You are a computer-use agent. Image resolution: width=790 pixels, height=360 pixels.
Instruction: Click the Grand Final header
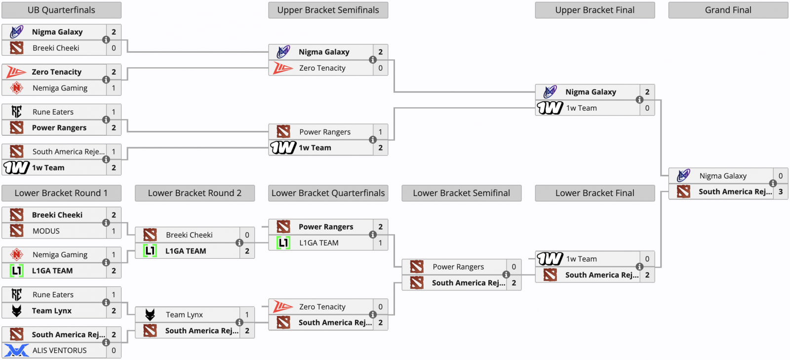[728, 10]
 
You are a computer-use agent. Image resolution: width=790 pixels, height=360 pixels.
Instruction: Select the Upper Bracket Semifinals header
[328, 10]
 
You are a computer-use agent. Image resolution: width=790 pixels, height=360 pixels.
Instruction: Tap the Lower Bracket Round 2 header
[195, 193]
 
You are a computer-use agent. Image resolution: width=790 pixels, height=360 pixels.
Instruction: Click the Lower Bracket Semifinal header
[461, 193]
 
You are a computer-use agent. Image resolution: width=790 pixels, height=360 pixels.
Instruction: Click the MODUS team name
[46, 231]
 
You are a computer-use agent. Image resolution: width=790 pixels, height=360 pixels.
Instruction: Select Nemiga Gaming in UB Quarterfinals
[60, 88]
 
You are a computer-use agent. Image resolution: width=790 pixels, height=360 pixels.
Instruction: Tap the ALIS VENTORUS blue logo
[16, 350]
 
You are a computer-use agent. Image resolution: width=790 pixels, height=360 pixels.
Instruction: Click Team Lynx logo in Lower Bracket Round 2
[150, 315]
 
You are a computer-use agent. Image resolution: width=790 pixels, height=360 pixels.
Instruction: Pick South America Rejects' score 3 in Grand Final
[781, 192]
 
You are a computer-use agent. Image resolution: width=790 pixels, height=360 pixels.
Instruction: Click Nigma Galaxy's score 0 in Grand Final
[781, 176]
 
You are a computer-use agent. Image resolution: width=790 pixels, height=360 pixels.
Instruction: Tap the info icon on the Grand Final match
[773, 183]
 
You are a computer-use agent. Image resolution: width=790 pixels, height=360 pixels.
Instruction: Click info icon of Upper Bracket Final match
[639, 100]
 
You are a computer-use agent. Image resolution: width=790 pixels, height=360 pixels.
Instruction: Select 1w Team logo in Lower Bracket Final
[550, 259]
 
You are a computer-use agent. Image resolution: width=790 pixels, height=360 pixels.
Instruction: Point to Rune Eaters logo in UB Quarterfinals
[16, 112]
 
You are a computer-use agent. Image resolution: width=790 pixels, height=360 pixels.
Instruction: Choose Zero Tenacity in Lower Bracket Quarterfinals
[322, 307]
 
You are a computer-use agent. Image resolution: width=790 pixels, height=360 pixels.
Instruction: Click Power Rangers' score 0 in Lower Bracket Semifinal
[514, 267]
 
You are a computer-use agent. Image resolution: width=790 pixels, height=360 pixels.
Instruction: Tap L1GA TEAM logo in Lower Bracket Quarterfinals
[283, 242]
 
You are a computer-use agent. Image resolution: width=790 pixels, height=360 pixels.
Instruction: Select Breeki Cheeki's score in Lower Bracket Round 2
[247, 235]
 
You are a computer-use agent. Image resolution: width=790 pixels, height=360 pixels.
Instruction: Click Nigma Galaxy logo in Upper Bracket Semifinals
[283, 51]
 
